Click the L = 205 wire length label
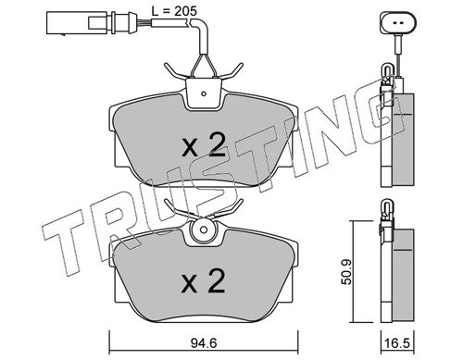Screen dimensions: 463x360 pyautogui.click(x=174, y=11)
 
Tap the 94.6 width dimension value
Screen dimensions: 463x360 pyautogui.click(x=204, y=343)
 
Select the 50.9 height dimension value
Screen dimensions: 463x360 pyautogui.click(x=347, y=272)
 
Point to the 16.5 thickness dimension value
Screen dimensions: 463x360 pyautogui.click(x=397, y=343)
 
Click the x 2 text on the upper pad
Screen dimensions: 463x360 pyautogui.click(x=204, y=145)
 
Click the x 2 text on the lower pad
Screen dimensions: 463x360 pyautogui.click(x=203, y=280)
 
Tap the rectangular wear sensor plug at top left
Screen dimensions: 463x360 pyautogui.click(x=77, y=22)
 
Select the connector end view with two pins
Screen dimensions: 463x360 pyautogui.click(x=398, y=22)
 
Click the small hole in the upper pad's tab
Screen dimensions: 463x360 pyautogui.click(x=203, y=93)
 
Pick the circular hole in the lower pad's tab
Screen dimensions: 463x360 pyautogui.click(x=203, y=230)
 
